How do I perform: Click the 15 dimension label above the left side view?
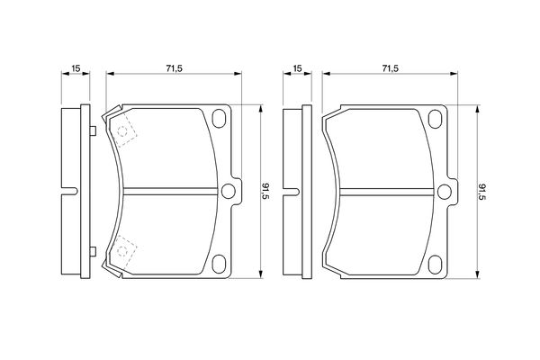click(x=76, y=68)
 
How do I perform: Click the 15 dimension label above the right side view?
click(x=297, y=68)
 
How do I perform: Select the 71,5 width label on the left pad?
click(x=174, y=68)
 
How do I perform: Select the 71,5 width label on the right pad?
click(x=390, y=68)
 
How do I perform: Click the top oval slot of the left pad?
click(x=219, y=118)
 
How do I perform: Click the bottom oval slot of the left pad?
click(x=219, y=265)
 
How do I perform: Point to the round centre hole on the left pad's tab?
click(x=228, y=191)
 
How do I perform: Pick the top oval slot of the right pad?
click(x=436, y=119)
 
